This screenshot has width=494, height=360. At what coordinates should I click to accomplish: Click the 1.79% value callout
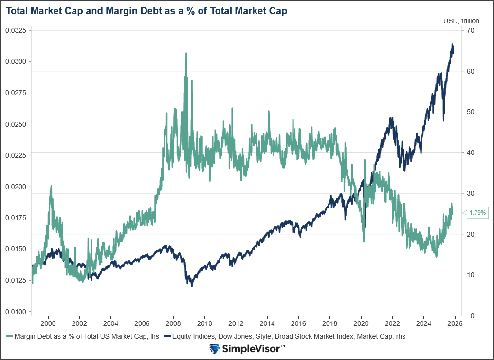[477, 212]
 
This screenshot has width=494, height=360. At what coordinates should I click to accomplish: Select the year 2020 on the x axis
[361, 323]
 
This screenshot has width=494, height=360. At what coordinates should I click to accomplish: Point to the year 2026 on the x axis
[455, 323]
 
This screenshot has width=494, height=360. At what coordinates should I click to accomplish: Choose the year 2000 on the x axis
[48, 323]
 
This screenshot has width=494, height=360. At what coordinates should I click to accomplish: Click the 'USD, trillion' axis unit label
[461, 21]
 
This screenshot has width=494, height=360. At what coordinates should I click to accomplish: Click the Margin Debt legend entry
[83, 336]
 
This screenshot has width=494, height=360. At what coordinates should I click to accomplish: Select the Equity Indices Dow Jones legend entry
[285, 336]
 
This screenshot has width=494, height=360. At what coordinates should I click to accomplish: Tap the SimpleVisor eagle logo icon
[215, 349]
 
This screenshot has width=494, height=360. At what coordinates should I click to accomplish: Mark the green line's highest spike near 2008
[186, 53]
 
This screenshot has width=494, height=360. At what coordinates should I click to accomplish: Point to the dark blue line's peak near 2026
[452, 45]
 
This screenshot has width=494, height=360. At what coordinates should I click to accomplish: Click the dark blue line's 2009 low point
[192, 286]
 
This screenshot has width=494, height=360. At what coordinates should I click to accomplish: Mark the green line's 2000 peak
[51, 186]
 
